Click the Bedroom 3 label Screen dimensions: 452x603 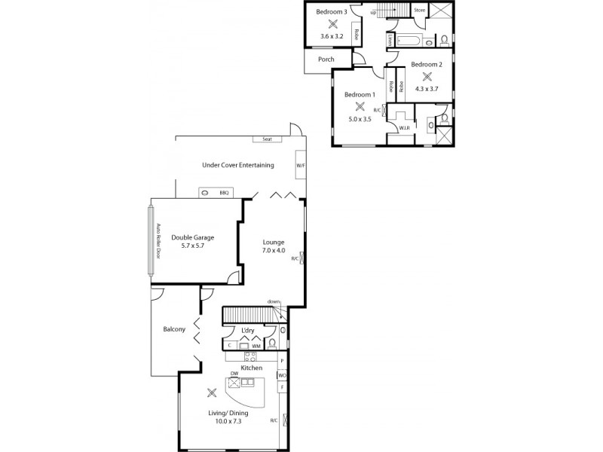click(332, 12)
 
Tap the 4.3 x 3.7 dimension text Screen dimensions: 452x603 click(427, 89)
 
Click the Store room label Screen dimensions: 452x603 click(419, 11)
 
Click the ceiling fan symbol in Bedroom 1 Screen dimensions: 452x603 click(360, 106)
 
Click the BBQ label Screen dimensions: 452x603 click(224, 193)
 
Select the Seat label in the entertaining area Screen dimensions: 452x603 click(267, 139)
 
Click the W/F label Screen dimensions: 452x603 click(300, 165)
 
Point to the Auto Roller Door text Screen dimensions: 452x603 click(158, 239)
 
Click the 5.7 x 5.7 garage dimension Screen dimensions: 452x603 click(188, 246)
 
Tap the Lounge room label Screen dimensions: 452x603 click(274, 242)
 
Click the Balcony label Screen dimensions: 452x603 click(174, 329)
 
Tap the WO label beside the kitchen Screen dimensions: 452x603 click(282, 375)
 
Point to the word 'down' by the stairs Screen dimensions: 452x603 click(274, 302)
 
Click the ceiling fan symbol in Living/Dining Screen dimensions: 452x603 click(212, 392)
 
